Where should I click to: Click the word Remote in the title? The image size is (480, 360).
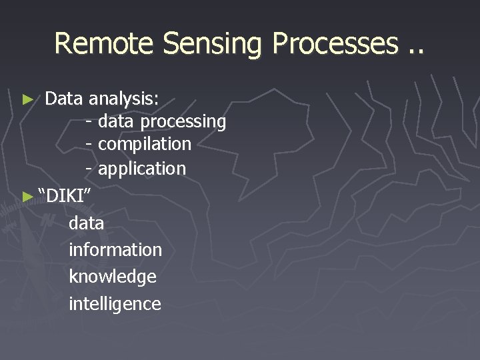pyautogui.click(x=105, y=44)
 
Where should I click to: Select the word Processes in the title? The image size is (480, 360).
pyautogui.click(x=334, y=44)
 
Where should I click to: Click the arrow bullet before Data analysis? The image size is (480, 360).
pyautogui.click(x=27, y=100)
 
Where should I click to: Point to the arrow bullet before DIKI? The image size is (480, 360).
pyautogui.click(x=27, y=196)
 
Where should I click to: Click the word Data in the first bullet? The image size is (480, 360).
pyautogui.click(x=64, y=99)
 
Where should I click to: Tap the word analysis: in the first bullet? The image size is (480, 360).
pyautogui.click(x=124, y=100)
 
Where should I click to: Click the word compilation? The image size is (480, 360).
pyautogui.click(x=145, y=144)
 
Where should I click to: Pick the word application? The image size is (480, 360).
pyautogui.click(x=142, y=169)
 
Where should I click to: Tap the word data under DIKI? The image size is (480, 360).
pyautogui.click(x=87, y=223)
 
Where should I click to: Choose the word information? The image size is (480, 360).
pyautogui.click(x=115, y=250)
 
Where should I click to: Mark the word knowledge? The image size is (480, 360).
pyautogui.click(x=113, y=277)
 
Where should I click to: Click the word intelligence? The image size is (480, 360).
pyautogui.click(x=115, y=304)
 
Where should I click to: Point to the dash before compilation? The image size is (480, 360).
pyautogui.click(x=89, y=145)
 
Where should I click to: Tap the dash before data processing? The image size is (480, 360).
pyautogui.click(x=89, y=122)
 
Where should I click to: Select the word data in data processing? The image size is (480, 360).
pyautogui.click(x=116, y=122)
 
